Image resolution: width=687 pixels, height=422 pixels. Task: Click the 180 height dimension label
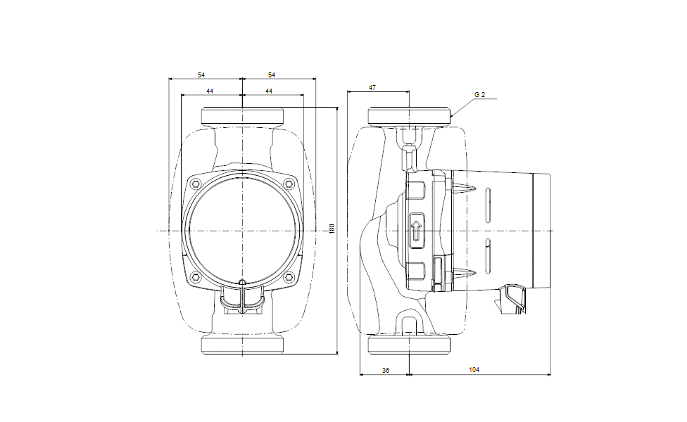[332, 229]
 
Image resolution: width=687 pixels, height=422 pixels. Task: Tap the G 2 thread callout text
[480, 94]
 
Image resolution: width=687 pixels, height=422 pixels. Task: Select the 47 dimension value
[372, 87]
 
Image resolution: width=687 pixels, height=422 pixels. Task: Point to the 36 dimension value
[386, 371]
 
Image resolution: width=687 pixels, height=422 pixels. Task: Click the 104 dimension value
[474, 370]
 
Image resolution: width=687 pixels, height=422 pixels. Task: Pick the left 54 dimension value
[201, 75]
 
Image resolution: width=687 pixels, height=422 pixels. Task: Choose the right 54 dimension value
[272, 75]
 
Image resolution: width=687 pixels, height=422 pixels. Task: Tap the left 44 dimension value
[210, 91]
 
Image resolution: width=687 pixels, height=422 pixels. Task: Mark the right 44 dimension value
[269, 91]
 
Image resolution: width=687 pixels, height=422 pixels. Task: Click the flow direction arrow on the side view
[416, 231]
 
